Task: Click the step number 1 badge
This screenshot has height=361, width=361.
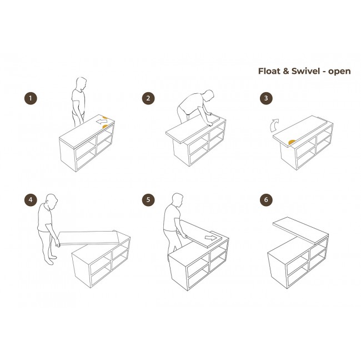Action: [31, 98]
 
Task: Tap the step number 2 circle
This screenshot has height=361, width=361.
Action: [148, 98]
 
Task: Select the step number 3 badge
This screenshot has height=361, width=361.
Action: [266, 98]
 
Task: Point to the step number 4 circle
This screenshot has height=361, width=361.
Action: [31, 200]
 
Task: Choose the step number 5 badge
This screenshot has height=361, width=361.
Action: [148, 200]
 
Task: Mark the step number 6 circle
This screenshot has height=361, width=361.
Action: [266, 200]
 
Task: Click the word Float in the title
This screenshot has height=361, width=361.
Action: [269, 71]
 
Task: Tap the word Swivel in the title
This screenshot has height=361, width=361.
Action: [305, 71]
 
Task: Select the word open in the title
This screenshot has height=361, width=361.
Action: [339, 72]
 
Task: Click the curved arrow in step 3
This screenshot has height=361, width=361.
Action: [274, 126]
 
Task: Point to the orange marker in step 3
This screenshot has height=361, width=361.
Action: [292, 142]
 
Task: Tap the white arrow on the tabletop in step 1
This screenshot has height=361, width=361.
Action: [102, 121]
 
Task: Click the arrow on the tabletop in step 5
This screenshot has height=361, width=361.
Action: [210, 238]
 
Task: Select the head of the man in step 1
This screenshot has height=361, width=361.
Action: [81, 83]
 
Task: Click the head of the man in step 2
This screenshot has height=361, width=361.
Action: [209, 96]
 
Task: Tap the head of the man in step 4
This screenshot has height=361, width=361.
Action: [52, 202]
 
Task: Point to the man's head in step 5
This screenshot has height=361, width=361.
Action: [177, 200]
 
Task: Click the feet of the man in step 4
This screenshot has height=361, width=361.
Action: [51, 260]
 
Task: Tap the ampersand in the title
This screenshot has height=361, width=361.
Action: [285, 71]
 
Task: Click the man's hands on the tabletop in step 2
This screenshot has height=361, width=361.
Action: [210, 119]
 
